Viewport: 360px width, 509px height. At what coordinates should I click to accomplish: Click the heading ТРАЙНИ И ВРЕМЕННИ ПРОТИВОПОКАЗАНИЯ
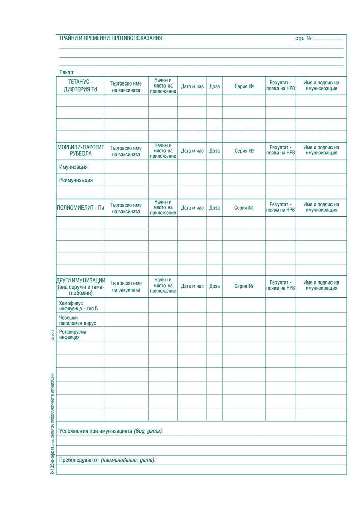point(112,39)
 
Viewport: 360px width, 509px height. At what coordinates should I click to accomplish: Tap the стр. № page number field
point(327,38)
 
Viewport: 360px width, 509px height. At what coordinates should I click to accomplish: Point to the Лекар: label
point(67,72)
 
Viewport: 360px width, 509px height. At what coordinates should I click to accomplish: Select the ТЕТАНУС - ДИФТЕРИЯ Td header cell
point(80,86)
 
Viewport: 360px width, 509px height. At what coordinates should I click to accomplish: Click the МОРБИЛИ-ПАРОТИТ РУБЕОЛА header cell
point(80,150)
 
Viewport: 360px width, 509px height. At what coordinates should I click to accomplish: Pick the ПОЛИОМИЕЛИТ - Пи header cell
point(80,208)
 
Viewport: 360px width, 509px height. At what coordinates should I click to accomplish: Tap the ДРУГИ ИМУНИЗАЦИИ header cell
point(80,287)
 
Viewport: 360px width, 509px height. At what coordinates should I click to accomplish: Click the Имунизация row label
point(73,167)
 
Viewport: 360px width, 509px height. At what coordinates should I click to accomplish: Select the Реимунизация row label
point(76,180)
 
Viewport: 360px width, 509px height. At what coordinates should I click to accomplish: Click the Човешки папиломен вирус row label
point(77,320)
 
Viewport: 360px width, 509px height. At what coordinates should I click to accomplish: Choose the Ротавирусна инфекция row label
point(72,334)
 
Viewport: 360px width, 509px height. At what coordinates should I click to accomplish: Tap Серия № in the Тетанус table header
point(244,87)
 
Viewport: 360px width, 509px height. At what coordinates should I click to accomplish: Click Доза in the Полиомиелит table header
point(214,208)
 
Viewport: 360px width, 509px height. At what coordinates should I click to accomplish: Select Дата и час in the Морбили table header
point(192,151)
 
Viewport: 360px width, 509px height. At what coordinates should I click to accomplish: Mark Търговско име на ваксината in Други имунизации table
point(126,286)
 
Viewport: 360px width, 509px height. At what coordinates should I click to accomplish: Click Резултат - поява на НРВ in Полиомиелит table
point(281,207)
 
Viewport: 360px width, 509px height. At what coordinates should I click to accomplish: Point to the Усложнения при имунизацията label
point(110,431)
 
